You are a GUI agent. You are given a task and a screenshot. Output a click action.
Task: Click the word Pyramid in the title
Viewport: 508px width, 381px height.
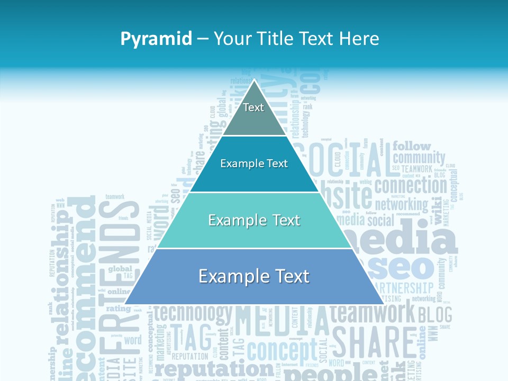156,39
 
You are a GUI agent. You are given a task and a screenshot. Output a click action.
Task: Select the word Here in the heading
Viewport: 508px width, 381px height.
359,39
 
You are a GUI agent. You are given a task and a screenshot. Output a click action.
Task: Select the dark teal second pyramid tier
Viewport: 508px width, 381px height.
254,164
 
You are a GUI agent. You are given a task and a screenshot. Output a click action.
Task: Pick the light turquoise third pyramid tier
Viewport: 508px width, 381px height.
254,221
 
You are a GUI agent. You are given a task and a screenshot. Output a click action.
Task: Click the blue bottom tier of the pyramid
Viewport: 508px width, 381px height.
254,277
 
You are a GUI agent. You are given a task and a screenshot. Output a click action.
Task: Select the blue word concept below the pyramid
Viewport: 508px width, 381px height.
282,350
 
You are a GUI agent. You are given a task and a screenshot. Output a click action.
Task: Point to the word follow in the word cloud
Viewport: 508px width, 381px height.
412,146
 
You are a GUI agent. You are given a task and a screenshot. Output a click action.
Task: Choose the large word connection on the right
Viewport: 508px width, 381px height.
411,186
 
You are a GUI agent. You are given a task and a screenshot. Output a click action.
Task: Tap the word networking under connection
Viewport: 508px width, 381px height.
401,204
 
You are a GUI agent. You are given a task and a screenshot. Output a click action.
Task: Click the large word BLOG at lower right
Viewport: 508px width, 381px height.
435,315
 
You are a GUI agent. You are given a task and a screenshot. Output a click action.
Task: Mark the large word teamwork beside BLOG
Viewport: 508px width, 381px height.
373,313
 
